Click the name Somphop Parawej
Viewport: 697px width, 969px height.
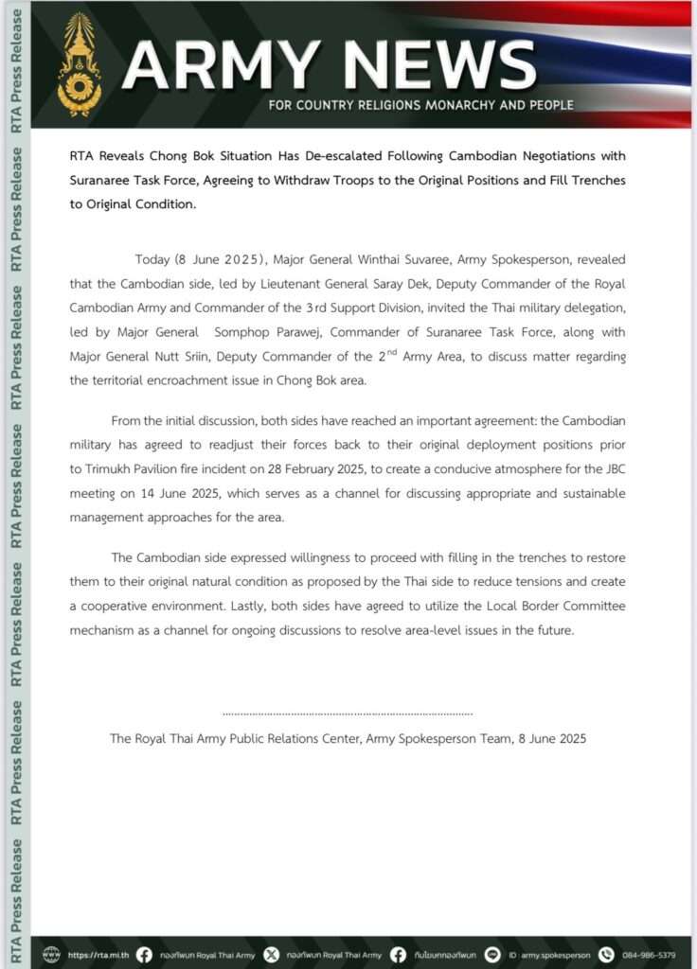tap(294, 333)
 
